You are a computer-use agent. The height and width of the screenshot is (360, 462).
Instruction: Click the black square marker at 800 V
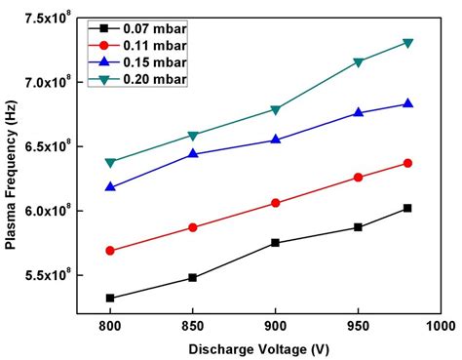tap(110, 299)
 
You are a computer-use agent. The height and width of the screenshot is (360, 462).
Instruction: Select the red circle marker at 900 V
tap(276, 203)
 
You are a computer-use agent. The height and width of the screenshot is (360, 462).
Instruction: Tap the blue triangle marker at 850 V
tap(193, 153)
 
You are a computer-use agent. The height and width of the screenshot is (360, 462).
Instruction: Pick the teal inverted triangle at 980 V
tap(407, 43)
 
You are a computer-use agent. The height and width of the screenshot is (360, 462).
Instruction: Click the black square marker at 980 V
tap(407, 208)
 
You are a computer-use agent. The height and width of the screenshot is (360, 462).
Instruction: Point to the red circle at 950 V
tap(359, 178)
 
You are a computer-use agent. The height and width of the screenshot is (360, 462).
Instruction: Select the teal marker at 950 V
tap(359, 62)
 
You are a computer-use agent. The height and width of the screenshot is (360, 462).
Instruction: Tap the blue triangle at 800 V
tap(110, 186)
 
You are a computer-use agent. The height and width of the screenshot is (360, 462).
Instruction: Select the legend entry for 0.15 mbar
tap(156, 60)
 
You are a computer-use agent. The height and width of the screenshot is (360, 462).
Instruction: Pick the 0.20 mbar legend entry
tap(156, 78)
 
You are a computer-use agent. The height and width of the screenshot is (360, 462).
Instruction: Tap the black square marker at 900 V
tap(276, 243)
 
